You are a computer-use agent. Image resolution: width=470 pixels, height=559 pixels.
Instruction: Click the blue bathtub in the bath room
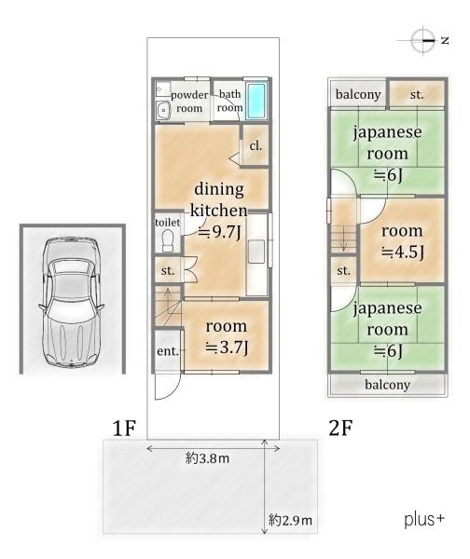pos(256,101)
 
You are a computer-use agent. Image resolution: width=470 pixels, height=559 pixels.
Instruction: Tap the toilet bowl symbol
pos(167,241)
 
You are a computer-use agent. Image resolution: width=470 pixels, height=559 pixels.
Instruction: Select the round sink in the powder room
pos(163,110)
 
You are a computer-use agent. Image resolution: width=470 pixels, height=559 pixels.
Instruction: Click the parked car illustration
pos(71,302)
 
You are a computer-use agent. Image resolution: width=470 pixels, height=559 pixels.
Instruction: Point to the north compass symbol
pos(423,40)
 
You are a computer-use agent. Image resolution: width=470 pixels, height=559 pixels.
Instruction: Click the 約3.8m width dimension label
pos(207,458)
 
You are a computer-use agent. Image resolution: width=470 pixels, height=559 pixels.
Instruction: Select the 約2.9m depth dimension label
pos(290,520)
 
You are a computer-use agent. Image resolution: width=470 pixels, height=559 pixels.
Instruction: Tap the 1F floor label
pos(124,428)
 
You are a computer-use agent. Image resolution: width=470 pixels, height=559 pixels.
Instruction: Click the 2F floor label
pos(340,428)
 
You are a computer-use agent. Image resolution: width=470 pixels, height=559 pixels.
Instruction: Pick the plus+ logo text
pos(424,520)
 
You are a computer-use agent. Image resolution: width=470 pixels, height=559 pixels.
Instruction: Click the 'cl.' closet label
pos(256,145)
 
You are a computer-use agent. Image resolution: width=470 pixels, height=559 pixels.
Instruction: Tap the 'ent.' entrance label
pos(168,351)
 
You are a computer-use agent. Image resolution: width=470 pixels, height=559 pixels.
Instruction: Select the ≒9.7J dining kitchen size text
pos(219,232)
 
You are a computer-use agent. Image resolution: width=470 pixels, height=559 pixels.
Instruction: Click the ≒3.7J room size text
pos(227,347)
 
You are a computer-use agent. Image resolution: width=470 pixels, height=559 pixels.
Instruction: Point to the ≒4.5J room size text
pos(402,252)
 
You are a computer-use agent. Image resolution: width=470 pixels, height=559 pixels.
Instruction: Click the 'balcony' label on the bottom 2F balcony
pos(387,385)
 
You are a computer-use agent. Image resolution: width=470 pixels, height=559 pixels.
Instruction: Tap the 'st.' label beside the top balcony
pos(417,94)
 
